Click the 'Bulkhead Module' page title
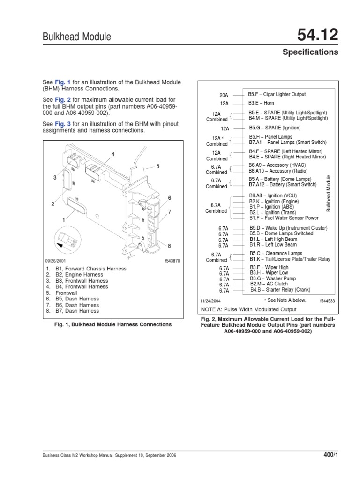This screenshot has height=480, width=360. pos(77,37)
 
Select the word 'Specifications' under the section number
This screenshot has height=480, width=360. pos(310,52)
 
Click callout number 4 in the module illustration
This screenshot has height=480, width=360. pos(113,154)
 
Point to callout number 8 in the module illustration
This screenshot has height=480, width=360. pos(170,246)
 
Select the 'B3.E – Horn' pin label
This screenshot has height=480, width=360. pos(261,103)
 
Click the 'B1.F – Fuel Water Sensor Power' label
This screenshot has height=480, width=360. pos(284,218)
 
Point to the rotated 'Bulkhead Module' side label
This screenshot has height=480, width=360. pos(329,193)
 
